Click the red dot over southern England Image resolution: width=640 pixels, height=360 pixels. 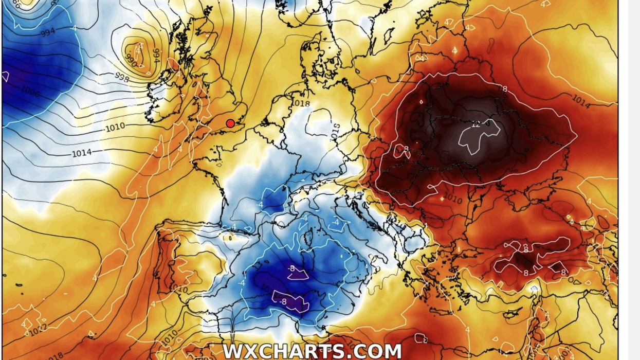(230, 123)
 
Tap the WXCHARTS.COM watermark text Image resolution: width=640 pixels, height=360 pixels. (312, 351)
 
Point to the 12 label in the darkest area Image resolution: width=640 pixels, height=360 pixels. (476, 124)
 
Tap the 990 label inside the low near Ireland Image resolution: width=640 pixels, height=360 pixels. (131, 61)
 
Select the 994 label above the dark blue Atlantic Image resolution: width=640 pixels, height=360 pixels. (47, 32)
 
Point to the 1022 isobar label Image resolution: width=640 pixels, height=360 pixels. (38, 329)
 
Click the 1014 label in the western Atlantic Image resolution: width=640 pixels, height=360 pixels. (81, 153)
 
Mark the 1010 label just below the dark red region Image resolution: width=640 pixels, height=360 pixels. (452, 198)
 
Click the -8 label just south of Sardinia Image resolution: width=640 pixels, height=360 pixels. (291, 268)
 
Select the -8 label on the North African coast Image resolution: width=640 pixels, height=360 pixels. (281, 302)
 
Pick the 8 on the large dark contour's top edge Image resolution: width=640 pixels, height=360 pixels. (504, 89)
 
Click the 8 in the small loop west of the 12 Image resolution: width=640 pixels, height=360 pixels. (406, 150)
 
